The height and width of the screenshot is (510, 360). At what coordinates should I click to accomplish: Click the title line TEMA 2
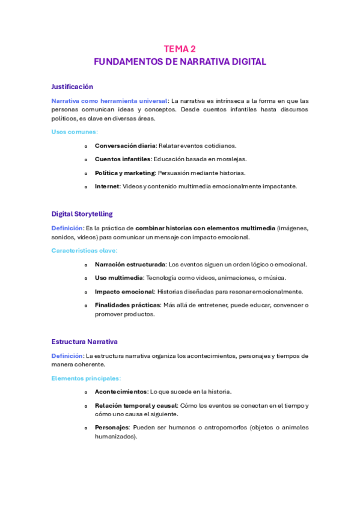tap(180, 49)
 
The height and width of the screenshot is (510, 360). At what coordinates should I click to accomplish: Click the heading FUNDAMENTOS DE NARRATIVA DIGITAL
tap(180, 61)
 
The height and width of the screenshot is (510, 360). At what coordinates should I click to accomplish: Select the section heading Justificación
tap(72, 87)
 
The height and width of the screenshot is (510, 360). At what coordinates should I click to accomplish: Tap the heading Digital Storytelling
tap(82, 214)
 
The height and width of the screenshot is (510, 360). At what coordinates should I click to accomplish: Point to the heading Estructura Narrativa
tap(84, 342)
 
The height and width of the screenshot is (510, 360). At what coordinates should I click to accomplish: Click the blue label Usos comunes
tap(75, 131)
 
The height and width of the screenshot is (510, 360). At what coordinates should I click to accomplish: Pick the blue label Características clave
tap(84, 250)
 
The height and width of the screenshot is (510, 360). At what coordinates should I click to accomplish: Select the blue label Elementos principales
tap(86, 378)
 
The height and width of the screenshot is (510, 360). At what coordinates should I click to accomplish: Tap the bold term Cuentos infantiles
tap(123, 159)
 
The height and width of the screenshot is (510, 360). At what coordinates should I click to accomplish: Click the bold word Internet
tap(107, 186)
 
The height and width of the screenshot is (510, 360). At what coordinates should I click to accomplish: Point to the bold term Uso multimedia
tap(118, 278)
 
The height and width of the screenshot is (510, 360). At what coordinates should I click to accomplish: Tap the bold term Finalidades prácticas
tap(127, 305)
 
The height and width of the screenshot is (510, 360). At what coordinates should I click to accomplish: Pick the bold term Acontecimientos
tap(120, 392)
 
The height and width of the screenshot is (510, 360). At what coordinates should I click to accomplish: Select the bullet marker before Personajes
tap(86, 428)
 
